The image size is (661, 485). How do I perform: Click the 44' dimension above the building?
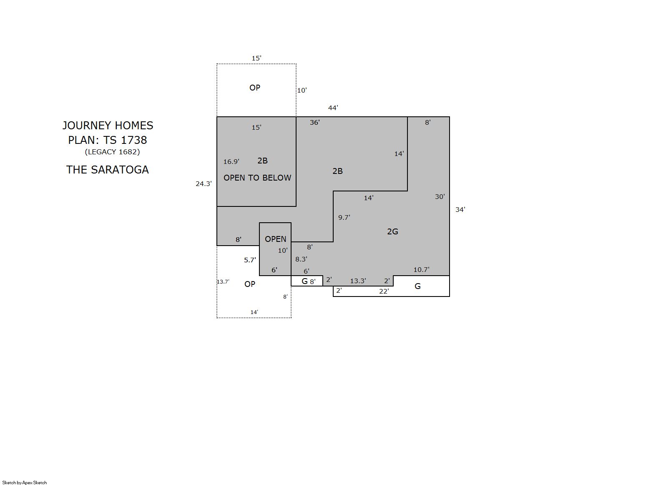click(333, 108)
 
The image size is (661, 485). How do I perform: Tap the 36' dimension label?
click(314, 123)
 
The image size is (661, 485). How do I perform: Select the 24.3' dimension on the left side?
click(204, 184)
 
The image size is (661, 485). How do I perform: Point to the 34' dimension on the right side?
click(460, 210)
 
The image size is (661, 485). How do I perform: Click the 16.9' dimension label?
click(231, 162)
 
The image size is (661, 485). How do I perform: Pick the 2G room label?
click(392, 231)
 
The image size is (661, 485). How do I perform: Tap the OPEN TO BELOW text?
click(257, 178)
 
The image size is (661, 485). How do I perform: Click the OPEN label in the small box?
click(275, 239)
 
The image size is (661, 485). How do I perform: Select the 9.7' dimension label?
click(344, 218)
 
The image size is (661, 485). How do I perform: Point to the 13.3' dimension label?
click(358, 281)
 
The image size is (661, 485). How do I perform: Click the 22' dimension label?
click(384, 292)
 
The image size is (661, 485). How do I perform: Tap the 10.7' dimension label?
click(421, 270)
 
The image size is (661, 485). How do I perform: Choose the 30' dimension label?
click(440, 197)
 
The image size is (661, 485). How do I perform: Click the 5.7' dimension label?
click(250, 260)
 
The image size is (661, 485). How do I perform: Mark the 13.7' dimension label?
click(223, 282)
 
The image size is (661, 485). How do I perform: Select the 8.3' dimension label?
click(301, 259)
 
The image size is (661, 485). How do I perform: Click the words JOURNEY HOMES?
click(108, 126)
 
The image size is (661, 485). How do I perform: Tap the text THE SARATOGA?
click(108, 170)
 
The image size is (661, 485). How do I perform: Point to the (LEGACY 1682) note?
click(112, 152)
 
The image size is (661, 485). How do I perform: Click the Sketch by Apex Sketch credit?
click(25, 482)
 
